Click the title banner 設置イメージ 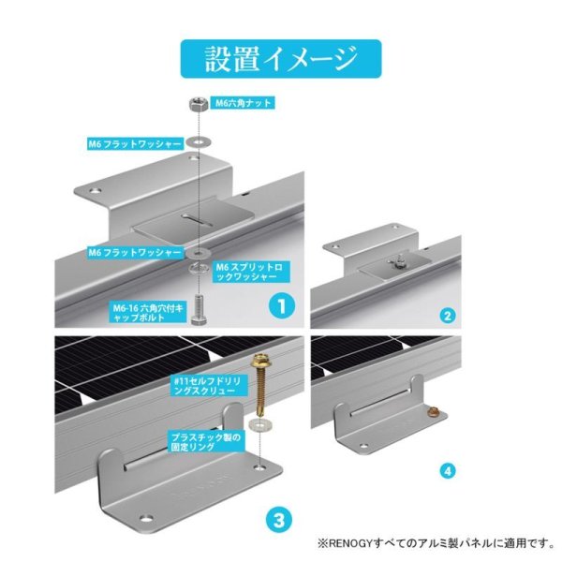pos(280,57)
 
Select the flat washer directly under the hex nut pos(197,140)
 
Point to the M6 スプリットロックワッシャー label pos(246,272)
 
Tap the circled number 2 pos(448,316)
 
